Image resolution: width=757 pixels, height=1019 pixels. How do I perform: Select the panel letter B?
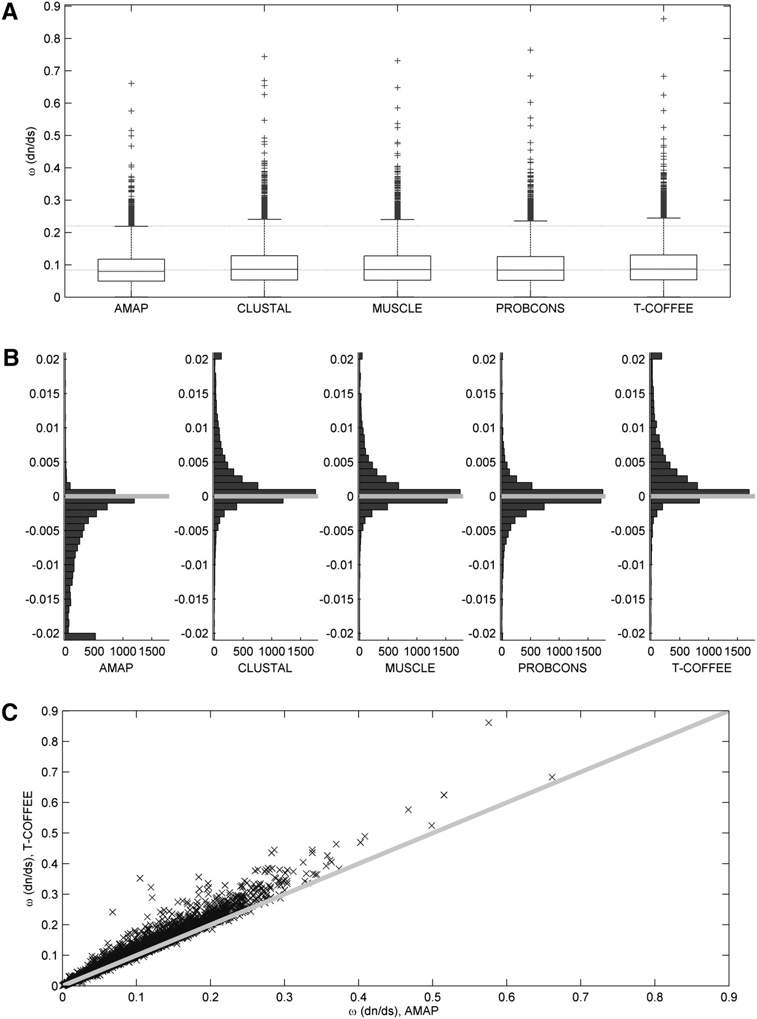point(10,358)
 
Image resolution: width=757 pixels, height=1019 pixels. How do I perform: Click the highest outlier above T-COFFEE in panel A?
point(664,19)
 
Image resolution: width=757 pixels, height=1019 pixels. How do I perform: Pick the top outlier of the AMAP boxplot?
point(131,83)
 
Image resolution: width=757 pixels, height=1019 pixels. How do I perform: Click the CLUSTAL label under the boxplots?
point(264,309)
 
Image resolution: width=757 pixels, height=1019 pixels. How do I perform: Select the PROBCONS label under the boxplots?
point(530,309)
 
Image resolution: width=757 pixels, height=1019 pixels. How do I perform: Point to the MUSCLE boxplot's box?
point(397,268)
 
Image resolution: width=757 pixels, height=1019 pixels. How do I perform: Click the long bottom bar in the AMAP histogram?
point(80,636)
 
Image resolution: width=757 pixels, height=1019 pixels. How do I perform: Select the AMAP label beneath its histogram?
point(117,668)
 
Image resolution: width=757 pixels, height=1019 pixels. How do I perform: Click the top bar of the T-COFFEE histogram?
point(656,356)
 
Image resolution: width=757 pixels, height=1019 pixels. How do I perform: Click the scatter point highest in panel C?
point(489,722)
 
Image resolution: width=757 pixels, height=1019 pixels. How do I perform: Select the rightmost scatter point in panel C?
point(552,777)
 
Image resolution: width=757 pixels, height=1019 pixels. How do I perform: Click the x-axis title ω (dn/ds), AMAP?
point(395,1009)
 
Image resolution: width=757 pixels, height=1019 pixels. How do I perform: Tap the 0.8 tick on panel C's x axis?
point(655,995)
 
